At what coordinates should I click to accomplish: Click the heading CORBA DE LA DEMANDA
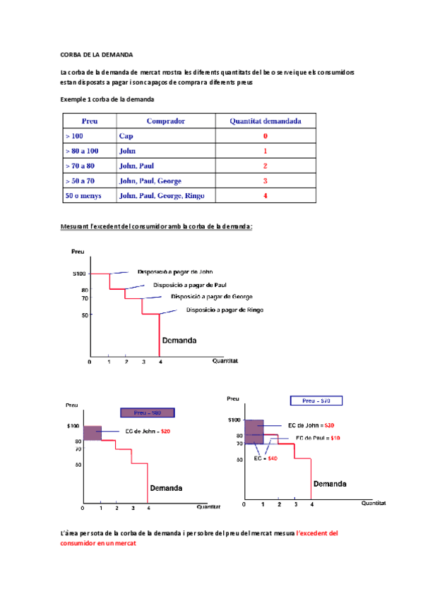tap(97, 55)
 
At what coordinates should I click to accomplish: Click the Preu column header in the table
tap(90, 121)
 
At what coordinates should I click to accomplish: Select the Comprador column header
tap(166, 121)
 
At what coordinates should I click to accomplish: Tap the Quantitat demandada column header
tap(266, 121)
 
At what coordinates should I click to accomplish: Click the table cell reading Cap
tap(126, 136)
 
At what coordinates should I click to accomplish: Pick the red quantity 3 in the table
tap(266, 181)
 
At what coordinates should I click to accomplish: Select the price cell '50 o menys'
tap(83, 195)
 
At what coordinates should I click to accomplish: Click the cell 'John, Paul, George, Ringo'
tap(162, 195)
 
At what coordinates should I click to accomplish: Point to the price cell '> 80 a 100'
tap(82, 151)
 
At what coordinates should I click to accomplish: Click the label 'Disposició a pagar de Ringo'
tap(225, 310)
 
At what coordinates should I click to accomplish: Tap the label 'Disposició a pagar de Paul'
tap(190, 285)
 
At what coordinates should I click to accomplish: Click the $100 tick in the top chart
tap(79, 274)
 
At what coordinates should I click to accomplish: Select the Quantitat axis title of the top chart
tap(225, 361)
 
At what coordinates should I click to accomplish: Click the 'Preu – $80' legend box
tap(148, 413)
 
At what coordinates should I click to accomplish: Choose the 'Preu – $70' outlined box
tap(316, 401)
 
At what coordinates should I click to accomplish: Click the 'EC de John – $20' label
tap(148, 432)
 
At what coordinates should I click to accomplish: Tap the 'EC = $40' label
tap(266, 458)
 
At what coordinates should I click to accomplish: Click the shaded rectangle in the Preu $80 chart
tap(93, 433)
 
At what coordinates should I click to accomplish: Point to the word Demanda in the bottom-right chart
tap(330, 484)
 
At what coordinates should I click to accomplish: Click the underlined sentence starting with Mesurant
tap(156, 226)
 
